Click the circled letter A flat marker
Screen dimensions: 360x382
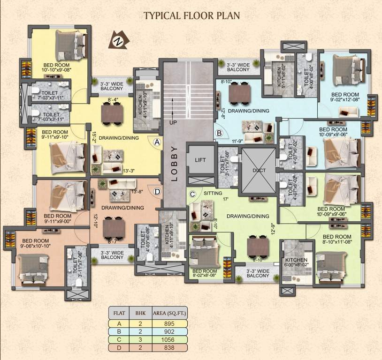click(157, 142)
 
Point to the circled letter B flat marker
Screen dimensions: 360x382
click(219, 133)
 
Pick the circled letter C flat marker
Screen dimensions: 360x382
click(192, 194)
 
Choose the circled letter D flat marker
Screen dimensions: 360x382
click(157, 191)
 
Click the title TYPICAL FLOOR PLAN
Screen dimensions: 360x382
click(191, 15)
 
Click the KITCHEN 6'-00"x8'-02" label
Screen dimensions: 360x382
click(296, 262)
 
